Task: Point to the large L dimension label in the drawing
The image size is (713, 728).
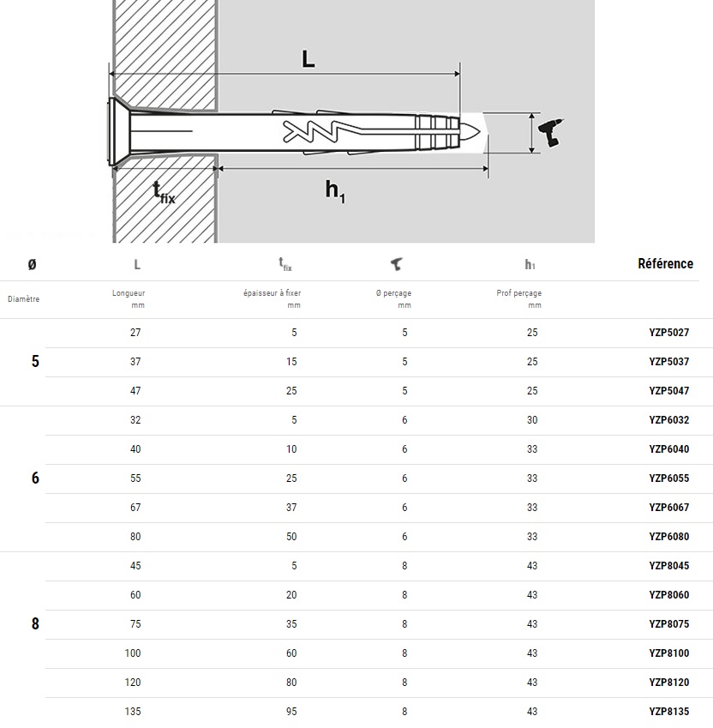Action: click(x=309, y=59)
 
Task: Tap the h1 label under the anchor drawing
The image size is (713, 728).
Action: click(x=335, y=191)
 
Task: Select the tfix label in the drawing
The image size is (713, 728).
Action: click(x=164, y=192)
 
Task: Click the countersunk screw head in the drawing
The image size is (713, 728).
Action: click(x=117, y=133)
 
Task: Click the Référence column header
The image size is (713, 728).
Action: click(x=665, y=264)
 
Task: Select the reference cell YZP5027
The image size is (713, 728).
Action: click(x=668, y=333)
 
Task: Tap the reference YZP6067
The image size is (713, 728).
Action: click(x=668, y=508)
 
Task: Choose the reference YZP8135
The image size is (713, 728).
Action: click(x=668, y=712)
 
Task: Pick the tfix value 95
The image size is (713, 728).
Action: click(x=291, y=712)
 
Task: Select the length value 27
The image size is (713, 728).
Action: click(x=135, y=333)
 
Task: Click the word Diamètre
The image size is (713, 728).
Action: click(x=24, y=299)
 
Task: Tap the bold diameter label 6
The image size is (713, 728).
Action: click(x=35, y=478)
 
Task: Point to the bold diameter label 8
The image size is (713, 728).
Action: click(x=35, y=624)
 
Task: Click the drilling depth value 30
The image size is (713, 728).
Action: click(x=532, y=420)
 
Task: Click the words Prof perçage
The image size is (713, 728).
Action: click(x=519, y=293)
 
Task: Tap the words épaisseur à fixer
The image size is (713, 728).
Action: click(x=272, y=293)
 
